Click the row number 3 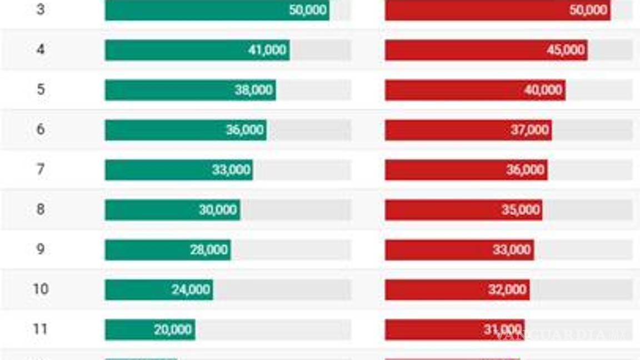[41, 10]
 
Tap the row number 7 [41, 169]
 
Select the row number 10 [41, 289]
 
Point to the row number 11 [41, 329]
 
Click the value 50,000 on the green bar [308, 10]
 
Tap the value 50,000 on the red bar [588, 10]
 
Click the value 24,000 [191, 290]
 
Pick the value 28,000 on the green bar [209, 250]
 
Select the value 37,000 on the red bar [530, 130]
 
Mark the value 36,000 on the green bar [244, 130]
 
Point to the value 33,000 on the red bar [512, 250]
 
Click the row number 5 [41, 89]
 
